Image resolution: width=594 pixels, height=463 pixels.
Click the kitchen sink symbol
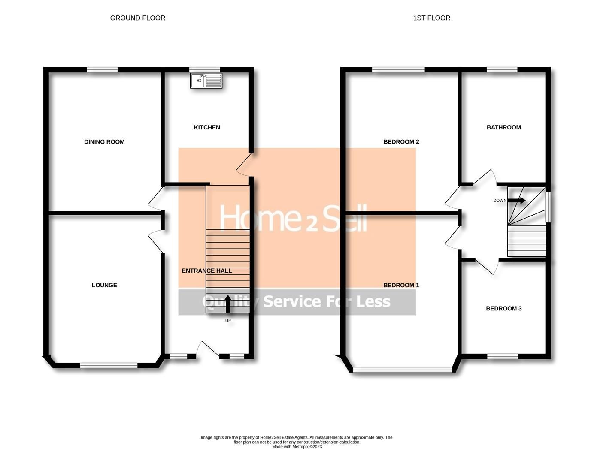[206, 81]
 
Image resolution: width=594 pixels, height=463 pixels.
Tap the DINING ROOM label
[104, 142]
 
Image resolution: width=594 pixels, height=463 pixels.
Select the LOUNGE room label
[104, 285]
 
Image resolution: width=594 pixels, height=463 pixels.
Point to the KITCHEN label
[207, 127]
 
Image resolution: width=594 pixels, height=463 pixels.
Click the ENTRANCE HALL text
[207, 271]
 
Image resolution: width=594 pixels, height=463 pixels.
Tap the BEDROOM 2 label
[401, 142]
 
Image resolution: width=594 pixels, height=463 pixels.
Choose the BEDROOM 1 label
[401, 285]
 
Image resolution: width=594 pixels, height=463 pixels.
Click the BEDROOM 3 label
[503, 308]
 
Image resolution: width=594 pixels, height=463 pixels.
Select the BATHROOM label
[503, 127]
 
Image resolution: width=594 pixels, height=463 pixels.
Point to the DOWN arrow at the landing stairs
[517, 200]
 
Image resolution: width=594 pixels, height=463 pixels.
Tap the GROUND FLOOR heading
[137, 18]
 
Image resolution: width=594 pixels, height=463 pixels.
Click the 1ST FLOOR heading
[431, 18]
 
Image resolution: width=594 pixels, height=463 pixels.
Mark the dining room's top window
[102, 70]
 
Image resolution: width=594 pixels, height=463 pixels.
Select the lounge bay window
[109, 365]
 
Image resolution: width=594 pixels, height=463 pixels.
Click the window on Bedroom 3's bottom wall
[502, 356]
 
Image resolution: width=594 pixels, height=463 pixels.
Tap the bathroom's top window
[502, 70]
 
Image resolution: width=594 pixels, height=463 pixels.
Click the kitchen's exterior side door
[244, 165]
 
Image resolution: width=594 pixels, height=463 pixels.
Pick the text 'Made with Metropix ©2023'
[297, 447]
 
